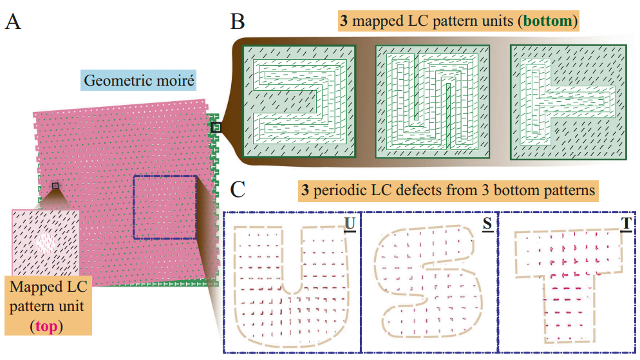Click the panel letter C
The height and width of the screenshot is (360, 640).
click(x=238, y=190)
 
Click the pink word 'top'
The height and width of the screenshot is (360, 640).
click(x=45, y=327)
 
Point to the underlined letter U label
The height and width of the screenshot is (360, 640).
click(x=350, y=223)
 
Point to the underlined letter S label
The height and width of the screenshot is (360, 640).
click(x=487, y=223)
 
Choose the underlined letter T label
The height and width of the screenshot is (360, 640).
click(x=625, y=223)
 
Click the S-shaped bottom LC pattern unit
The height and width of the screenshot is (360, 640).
click(x=298, y=102)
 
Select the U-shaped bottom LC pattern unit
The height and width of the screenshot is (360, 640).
click(x=432, y=102)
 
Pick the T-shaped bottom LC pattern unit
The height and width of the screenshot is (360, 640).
click(x=567, y=102)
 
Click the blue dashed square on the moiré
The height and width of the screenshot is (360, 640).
click(x=165, y=207)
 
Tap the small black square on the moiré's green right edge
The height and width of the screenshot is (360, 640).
click(x=216, y=127)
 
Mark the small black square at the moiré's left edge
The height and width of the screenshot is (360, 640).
click(x=55, y=185)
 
